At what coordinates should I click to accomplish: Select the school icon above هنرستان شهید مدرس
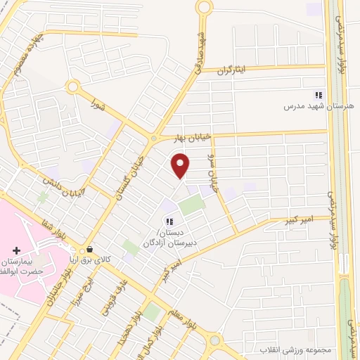tap(319, 94)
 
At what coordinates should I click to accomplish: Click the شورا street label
tap(98, 106)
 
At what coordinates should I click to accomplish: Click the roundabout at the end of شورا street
tap(72, 86)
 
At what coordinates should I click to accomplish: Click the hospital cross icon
tap(16, 250)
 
